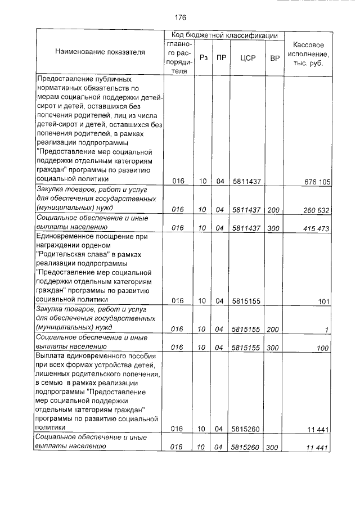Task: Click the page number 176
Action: pos(180,17)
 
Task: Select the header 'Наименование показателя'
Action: pos(100,52)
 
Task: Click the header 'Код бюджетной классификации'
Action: pos(224,35)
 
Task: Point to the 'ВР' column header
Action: pos(275,57)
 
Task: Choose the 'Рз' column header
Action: pos(204,57)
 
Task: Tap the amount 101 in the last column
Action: pos(323,301)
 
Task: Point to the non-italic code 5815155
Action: pos(246,301)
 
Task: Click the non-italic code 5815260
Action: pos(246,430)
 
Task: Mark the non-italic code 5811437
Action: pos(246,182)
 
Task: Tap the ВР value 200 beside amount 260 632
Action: pos(274,210)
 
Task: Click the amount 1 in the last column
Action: pos(326,330)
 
